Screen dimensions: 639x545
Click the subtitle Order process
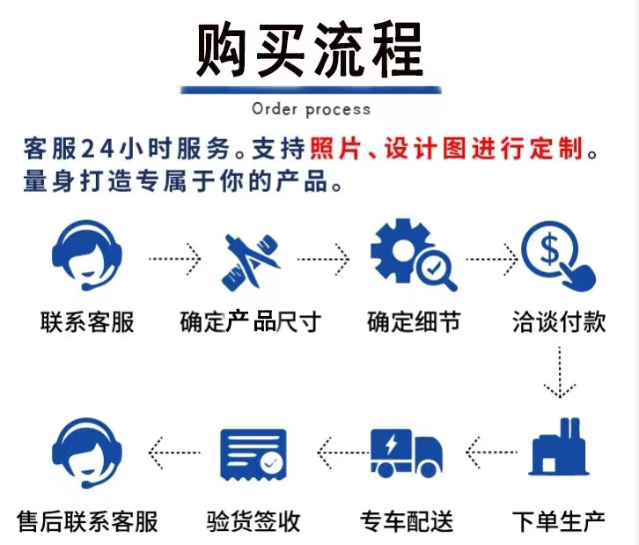[311, 109]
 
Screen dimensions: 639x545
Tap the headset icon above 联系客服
[86, 256]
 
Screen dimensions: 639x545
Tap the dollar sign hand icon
[560, 255]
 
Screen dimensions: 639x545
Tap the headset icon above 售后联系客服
[86, 453]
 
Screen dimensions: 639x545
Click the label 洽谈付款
[559, 322]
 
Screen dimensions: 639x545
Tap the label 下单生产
[559, 520]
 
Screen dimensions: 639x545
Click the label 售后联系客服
[87, 520]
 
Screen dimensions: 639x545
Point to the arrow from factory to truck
[489, 453]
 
